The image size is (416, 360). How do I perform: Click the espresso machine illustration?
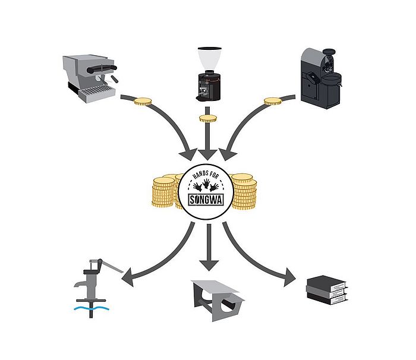(90, 78)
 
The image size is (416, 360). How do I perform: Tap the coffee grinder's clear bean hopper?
(209, 58)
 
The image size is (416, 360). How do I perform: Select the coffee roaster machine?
(322, 78)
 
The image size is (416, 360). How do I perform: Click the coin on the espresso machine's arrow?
(143, 102)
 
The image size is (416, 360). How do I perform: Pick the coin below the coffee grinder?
(208, 118)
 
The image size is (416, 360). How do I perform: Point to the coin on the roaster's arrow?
(272, 102)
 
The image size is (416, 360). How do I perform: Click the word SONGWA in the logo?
(206, 200)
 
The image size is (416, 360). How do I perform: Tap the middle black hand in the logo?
(206, 184)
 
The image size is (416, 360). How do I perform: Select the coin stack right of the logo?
(244, 191)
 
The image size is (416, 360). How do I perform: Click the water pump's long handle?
(112, 267)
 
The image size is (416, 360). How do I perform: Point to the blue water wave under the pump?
(92, 308)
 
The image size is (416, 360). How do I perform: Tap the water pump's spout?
(80, 284)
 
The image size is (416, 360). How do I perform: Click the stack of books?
(327, 290)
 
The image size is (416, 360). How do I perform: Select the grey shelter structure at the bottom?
(218, 301)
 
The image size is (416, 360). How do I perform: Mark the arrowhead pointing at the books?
(289, 277)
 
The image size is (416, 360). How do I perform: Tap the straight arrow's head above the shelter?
(209, 266)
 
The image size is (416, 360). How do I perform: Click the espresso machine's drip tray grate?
(97, 91)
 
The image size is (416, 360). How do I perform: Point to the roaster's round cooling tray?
(332, 78)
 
